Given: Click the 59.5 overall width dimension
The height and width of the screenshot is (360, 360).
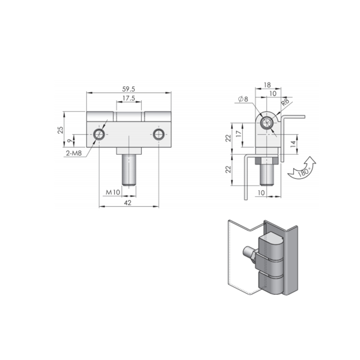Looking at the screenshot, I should point(129,89).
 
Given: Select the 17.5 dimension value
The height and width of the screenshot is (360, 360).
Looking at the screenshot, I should point(129,98).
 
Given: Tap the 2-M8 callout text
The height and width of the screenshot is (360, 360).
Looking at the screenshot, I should point(74,154).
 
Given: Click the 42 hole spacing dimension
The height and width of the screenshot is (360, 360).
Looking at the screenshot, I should point(127,203).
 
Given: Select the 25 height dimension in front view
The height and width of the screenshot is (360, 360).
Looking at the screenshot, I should point(60,130).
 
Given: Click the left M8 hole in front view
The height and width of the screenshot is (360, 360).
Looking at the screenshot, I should point(99,135).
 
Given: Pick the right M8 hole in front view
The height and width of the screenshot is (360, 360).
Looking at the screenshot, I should point(158,135).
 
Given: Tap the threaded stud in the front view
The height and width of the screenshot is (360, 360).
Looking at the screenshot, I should point(129,170).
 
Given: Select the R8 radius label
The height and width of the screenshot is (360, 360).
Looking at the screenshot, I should point(285,102).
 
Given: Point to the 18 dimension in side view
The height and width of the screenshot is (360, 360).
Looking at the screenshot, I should point(267,85).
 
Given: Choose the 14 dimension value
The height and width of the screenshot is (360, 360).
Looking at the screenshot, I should point(293,144).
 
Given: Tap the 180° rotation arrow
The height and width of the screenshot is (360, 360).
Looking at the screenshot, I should point(302,169).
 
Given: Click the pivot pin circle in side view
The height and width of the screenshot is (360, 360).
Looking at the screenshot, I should point(267,123).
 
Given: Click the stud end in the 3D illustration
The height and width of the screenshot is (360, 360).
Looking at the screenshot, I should point(246,251).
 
